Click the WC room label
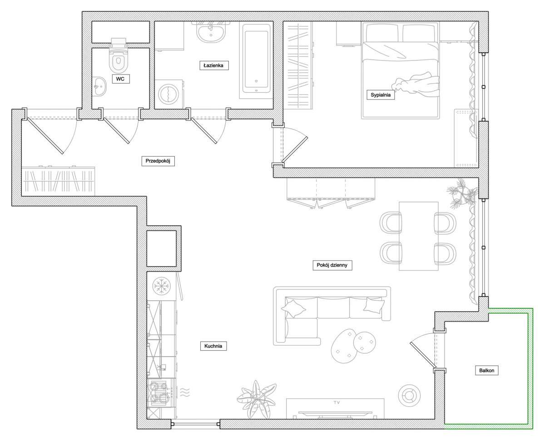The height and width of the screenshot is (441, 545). pos(120,79)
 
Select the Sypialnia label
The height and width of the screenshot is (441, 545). pos(380,95)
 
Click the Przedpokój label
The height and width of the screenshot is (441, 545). pos(158,161)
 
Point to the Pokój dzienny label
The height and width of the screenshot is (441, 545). pos(332,265)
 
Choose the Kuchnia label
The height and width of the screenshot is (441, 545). pos(213,347)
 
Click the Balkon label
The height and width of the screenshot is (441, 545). pos(486,371)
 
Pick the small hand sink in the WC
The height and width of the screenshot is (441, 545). pos(99,86)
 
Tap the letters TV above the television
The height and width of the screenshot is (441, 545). pos(337,402)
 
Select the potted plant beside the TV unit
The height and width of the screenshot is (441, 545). pos(257,398)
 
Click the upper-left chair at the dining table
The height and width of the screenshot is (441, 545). pos(391,223)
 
